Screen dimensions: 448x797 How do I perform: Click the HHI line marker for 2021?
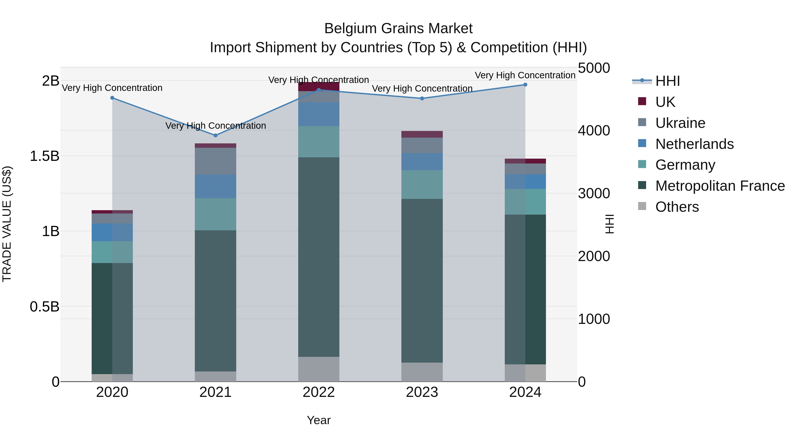point(216,135)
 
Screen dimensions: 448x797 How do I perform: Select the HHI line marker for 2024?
point(525,85)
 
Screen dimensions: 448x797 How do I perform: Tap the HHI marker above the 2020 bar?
point(112,98)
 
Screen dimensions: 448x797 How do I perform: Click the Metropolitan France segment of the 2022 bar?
point(319,257)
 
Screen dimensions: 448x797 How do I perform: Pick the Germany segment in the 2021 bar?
point(216,214)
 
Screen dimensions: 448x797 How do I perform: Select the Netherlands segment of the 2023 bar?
point(422,162)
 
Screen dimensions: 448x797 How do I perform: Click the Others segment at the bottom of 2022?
point(319,369)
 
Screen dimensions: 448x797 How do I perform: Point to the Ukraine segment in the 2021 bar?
point(216,161)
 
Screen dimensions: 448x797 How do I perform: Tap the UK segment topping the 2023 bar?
point(422,134)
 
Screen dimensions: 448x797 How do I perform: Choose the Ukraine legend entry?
point(680,123)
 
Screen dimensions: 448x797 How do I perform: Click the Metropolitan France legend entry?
point(720,186)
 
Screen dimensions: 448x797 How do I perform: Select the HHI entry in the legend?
point(667,81)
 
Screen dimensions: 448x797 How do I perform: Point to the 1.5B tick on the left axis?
point(44,156)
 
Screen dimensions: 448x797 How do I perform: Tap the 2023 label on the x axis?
point(422,392)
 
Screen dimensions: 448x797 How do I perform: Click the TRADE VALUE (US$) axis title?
point(7,224)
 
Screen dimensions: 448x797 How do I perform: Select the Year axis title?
point(319,420)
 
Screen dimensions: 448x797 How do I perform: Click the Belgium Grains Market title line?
point(398,29)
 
